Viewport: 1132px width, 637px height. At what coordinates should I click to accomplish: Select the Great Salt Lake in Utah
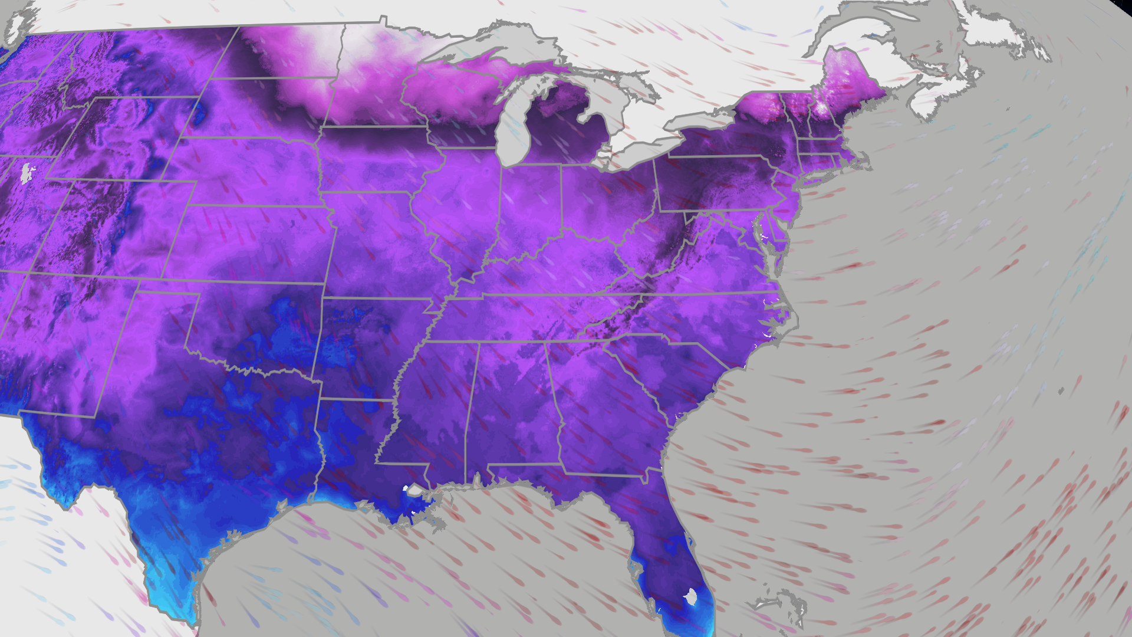pyautogui.click(x=27, y=173)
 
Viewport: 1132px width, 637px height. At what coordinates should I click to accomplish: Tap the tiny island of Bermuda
pyautogui.click(x=1061, y=390)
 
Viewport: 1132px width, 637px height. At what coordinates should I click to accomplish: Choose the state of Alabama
pyautogui.click(x=513, y=407)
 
